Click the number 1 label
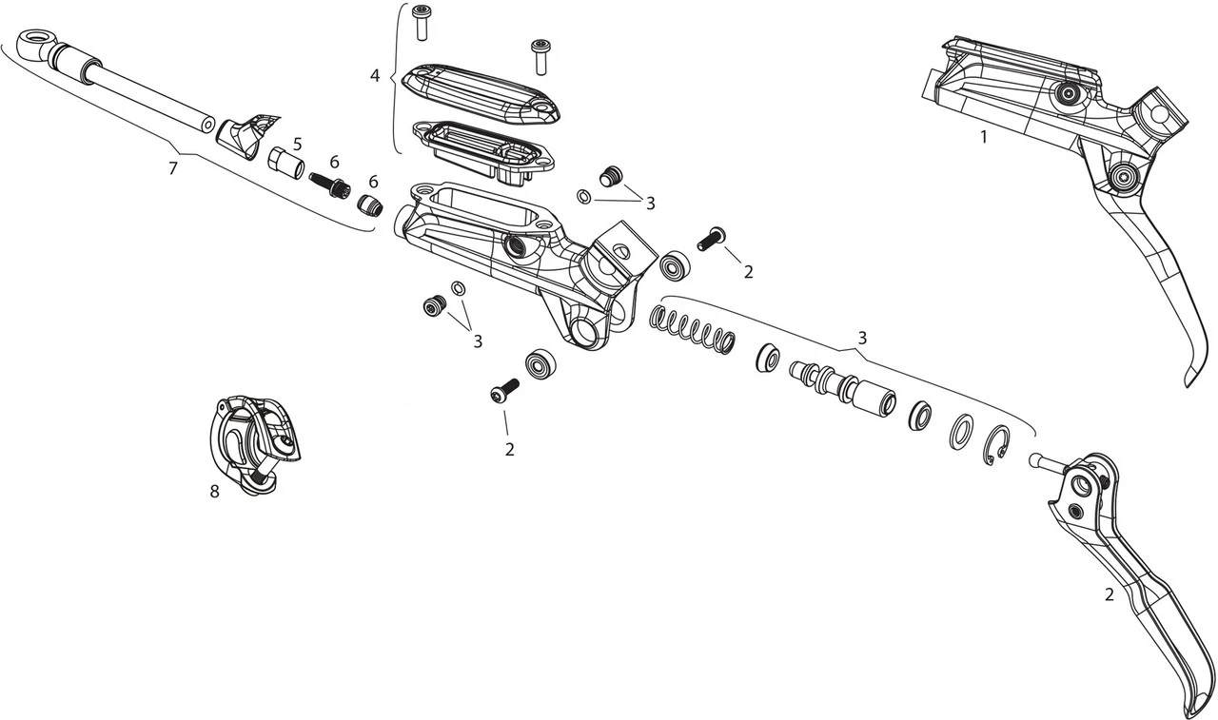pos(984,137)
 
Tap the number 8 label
pos(214,492)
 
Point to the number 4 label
pos(375,73)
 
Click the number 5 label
pos(298,144)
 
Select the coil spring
pos(693,331)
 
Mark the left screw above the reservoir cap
pos(420,22)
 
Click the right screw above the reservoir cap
pos(541,54)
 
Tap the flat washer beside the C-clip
pos(960,431)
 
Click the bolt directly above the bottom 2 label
pos(503,391)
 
